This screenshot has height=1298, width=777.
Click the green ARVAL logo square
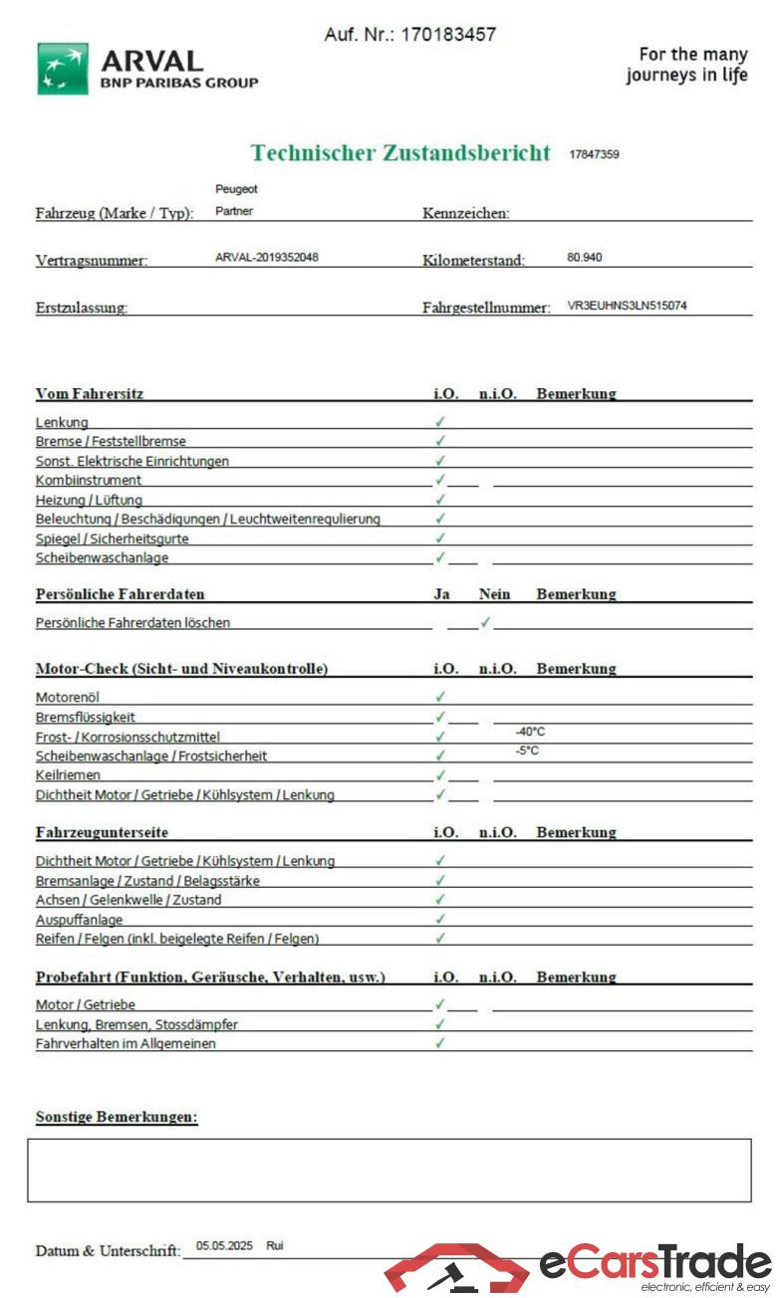point(62,69)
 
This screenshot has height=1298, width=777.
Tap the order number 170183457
point(448,35)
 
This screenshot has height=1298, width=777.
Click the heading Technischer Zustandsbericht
point(400,153)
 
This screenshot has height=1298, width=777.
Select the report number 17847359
point(594,154)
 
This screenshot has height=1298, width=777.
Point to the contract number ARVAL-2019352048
point(267,258)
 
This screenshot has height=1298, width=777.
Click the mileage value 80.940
point(585,258)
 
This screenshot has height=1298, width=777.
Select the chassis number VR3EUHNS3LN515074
point(627,306)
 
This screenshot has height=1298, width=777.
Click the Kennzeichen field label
point(466,213)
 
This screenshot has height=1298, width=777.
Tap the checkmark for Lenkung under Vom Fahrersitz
point(440,422)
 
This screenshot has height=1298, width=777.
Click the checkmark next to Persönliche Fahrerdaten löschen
point(485,622)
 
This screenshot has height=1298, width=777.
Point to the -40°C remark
point(530,732)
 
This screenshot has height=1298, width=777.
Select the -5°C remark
point(527,751)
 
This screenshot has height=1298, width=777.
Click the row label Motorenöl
point(68,697)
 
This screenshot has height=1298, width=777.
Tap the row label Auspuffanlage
point(79,920)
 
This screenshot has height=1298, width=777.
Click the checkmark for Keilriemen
point(440,774)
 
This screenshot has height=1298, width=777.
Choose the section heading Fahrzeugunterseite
point(102,832)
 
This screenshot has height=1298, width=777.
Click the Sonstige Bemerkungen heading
point(117,1117)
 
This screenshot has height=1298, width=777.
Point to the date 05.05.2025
point(225,1245)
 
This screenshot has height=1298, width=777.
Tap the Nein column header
point(494,594)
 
